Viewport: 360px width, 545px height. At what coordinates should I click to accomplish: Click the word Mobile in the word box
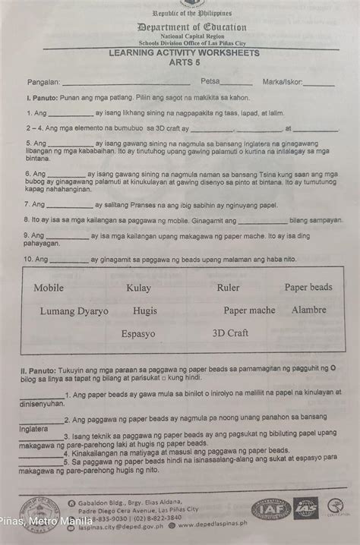[49, 288]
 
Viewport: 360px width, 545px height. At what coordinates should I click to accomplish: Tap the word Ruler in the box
[228, 288]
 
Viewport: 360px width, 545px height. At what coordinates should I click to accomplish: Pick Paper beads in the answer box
[308, 287]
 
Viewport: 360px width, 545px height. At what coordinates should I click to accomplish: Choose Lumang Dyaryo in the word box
[74, 311]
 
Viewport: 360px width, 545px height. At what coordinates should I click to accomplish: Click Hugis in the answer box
[144, 311]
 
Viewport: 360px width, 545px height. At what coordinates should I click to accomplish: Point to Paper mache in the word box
[249, 310]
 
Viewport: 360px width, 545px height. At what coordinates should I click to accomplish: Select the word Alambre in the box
[308, 310]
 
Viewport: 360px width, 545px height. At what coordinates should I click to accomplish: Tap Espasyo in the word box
[138, 333]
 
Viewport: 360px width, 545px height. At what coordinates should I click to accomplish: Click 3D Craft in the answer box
[230, 332]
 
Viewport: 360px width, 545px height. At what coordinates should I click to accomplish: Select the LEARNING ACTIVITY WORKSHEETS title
[184, 53]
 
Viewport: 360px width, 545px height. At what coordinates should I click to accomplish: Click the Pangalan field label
[43, 80]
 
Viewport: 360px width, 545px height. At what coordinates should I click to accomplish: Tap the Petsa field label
[210, 80]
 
